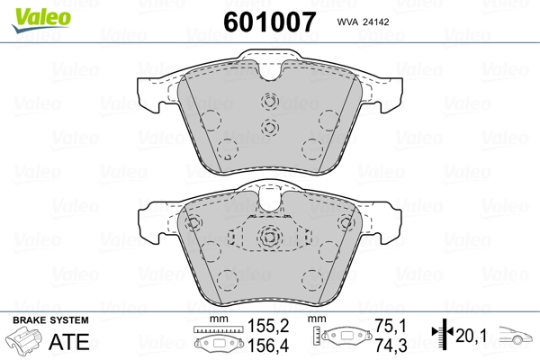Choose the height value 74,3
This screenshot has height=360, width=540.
click(389, 345)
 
